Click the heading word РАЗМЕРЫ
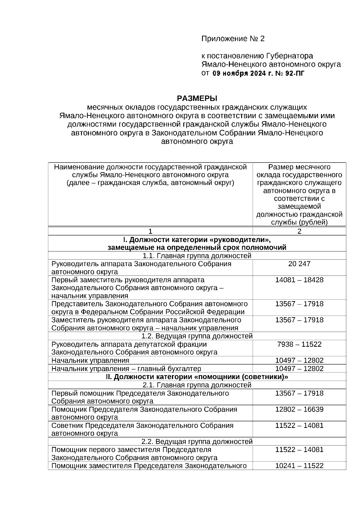(x=197, y=98)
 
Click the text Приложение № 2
(x=233, y=39)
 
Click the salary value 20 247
(x=299, y=264)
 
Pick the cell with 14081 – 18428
(x=299, y=280)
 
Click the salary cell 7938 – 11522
(x=299, y=344)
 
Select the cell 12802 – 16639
(x=299, y=409)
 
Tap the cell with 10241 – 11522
(x=299, y=466)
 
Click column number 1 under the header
(x=150, y=231)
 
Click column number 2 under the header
(x=299, y=231)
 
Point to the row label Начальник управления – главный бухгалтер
(x=126, y=369)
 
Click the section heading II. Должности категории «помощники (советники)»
(x=197, y=377)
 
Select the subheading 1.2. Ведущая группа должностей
(x=197, y=336)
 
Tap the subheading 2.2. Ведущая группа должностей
(x=197, y=442)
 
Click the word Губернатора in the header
(x=289, y=56)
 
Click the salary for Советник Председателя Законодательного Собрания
(x=299, y=425)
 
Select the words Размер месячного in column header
(x=299, y=167)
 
